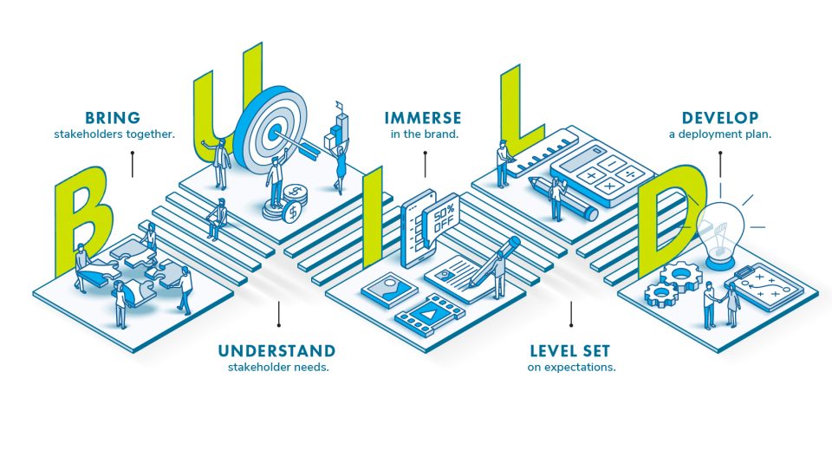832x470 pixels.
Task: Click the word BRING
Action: [x=113, y=118]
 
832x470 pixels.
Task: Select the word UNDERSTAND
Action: [x=276, y=350]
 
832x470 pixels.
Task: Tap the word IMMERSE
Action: [x=424, y=118]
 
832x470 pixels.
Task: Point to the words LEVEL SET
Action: [x=569, y=350]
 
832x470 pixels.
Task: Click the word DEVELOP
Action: [x=720, y=118]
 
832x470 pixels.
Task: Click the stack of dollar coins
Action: [x=290, y=206]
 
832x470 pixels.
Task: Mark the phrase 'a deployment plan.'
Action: [x=719, y=134]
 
